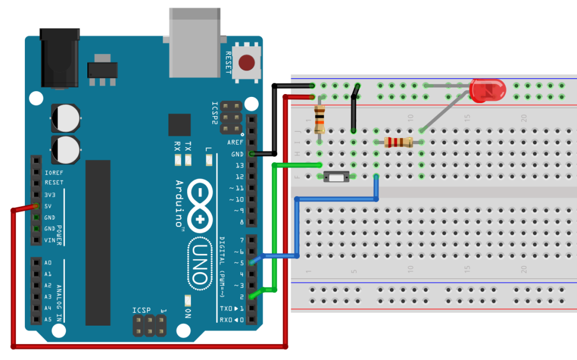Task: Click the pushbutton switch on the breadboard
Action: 336,177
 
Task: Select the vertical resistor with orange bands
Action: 320,118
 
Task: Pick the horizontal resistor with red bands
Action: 398,142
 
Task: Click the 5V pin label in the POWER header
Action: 50,206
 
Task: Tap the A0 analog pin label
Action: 48,263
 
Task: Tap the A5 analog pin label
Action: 48,319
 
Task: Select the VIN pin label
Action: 51,240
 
